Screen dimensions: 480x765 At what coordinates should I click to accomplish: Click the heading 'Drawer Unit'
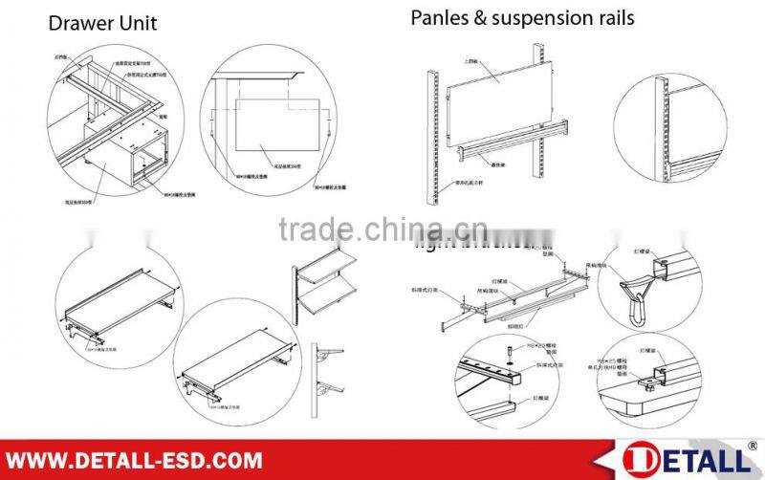click(x=102, y=23)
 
